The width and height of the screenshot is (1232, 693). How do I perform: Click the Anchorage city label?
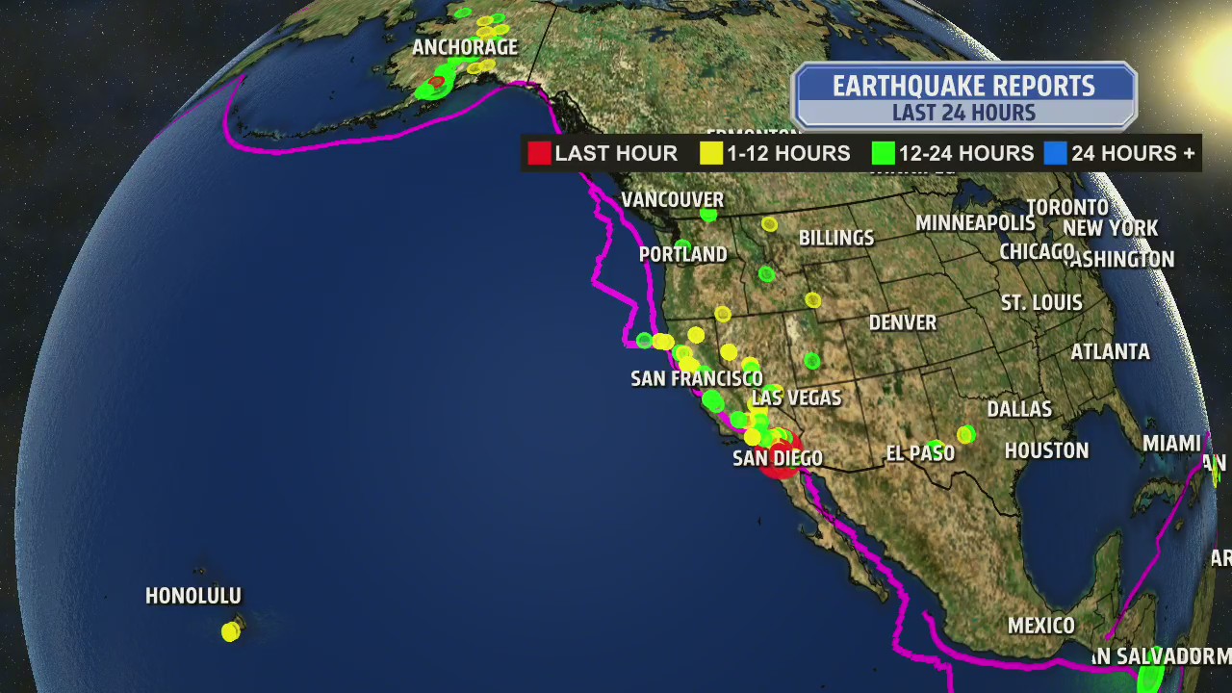[x=465, y=47]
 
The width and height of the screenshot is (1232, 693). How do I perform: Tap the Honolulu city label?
[x=193, y=596]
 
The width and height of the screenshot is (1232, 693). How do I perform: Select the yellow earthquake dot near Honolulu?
[x=230, y=631]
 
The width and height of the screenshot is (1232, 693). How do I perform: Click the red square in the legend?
[x=539, y=153]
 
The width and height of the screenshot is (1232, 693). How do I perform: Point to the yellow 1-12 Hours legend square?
[x=711, y=153]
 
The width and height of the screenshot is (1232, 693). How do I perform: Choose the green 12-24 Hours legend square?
[x=884, y=153]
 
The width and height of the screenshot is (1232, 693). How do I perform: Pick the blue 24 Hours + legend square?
[x=1056, y=153]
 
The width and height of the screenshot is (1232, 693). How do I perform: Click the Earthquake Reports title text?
[x=963, y=86]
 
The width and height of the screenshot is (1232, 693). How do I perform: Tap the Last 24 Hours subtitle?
[x=963, y=113]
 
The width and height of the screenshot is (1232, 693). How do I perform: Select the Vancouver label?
[x=672, y=199]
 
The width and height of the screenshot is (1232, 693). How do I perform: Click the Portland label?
[x=683, y=254]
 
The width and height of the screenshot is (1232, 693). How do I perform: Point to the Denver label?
[x=903, y=322]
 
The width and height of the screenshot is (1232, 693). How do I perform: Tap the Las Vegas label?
[x=797, y=398]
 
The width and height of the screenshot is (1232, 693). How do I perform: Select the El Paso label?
[x=920, y=452]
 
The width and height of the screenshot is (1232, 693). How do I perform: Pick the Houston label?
[x=1046, y=450]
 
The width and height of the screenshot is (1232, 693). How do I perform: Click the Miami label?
[x=1171, y=443]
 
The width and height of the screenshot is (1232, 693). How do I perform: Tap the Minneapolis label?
[x=975, y=223]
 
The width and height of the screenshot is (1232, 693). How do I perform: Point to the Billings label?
[x=836, y=238]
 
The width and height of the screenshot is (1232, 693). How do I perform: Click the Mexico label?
[x=1040, y=626]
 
